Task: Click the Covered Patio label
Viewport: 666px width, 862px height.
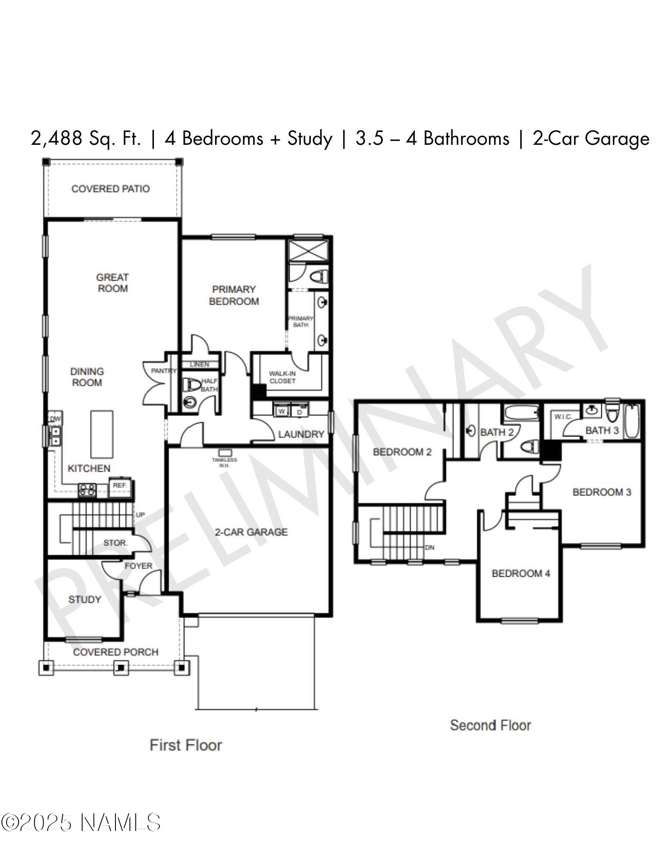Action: tap(110, 189)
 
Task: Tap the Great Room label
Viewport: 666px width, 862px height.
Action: tap(113, 283)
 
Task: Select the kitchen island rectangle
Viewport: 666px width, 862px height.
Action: tap(102, 434)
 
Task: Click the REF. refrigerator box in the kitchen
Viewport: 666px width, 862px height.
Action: tap(119, 485)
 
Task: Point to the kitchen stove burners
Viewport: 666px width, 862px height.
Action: tap(87, 489)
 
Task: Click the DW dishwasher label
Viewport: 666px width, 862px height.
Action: tap(55, 419)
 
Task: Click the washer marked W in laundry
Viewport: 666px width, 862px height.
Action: tap(281, 412)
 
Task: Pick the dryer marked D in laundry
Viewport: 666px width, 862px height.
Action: tap(299, 412)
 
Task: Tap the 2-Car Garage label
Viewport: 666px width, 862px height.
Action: tap(251, 532)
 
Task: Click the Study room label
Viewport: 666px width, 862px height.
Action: tap(84, 600)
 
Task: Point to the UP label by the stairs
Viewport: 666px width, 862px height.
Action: tap(141, 515)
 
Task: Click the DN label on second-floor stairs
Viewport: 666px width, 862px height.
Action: tap(429, 548)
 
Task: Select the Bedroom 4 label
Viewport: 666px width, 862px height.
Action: tap(521, 573)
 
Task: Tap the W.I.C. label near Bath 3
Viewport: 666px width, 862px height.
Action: tap(563, 417)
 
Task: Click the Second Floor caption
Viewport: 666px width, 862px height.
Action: tap(490, 725)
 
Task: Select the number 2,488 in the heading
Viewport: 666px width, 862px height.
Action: tap(55, 139)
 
